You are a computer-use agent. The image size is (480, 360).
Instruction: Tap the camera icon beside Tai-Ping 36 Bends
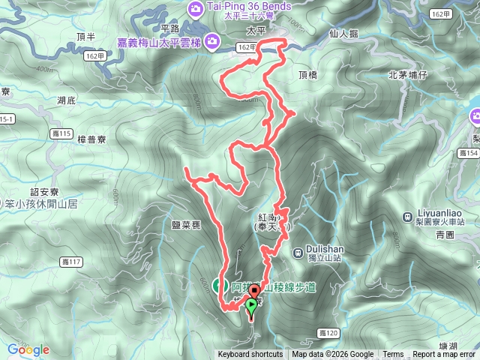tap(196, 7)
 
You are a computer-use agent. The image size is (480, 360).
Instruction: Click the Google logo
tap(28, 349)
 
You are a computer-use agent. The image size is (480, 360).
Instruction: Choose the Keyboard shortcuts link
tap(250, 355)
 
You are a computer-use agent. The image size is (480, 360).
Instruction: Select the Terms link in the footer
tap(393, 355)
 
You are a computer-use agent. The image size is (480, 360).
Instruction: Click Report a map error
tap(444, 355)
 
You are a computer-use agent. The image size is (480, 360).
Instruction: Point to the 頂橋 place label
tap(308, 76)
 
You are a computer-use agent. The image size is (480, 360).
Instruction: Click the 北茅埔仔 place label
tap(408, 75)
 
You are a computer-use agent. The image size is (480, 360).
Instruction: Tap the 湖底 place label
tap(66, 100)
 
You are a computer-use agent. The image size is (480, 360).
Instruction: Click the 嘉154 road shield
tap(467, 153)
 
